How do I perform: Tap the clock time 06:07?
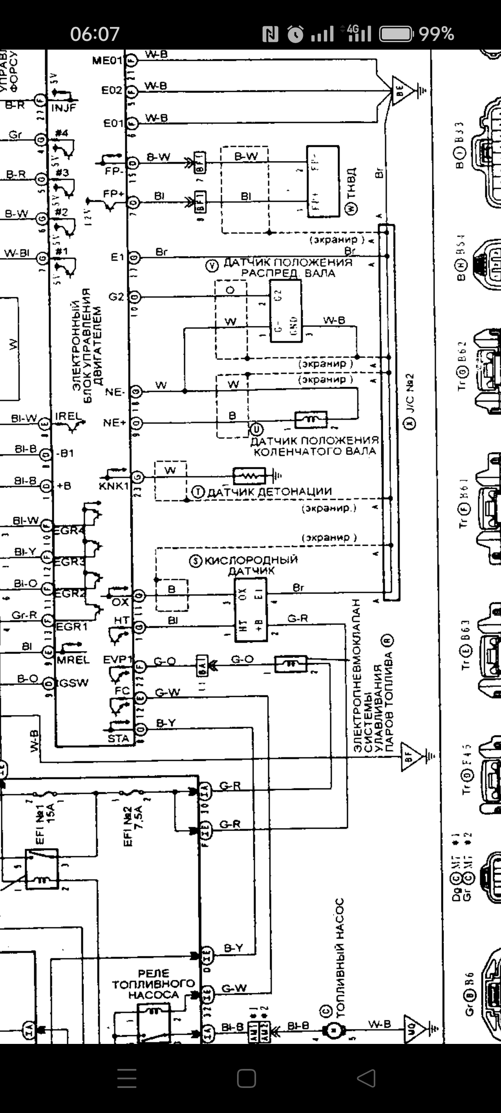click(x=95, y=34)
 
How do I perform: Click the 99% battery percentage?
click(x=436, y=34)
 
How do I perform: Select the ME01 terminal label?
click(x=107, y=61)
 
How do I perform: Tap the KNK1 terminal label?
click(x=113, y=486)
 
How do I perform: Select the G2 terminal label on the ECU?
click(x=116, y=296)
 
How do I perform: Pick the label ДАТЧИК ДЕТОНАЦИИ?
click(x=269, y=492)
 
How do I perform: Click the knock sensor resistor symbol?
click(x=249, y=476)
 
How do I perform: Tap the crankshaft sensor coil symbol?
click(x=311, y=419)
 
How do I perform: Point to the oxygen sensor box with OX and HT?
click(x=251, y=609)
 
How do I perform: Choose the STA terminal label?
click(x=118, y=739)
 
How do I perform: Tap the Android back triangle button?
click(x=366, y=1078)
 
